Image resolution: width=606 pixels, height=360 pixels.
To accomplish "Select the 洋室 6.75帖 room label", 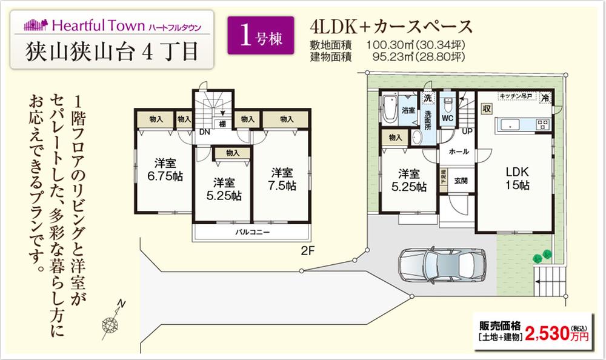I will coord(162,169).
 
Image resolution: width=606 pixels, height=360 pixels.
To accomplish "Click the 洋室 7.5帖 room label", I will coord(283,178).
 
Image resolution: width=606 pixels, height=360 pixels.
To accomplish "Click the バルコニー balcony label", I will coord(253,232).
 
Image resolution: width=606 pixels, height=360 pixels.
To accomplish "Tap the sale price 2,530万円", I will coord(556,332).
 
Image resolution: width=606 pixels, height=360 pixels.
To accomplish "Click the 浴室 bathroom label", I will coord(408,111).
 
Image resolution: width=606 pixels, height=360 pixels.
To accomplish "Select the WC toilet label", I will coord(448,118).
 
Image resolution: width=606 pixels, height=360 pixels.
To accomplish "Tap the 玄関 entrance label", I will coord(460,180).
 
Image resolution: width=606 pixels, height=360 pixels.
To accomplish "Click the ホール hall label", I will coord(458,153).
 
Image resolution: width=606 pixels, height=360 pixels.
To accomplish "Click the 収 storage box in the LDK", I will coord(486,109).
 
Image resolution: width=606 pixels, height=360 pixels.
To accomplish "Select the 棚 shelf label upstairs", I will coord(223,124).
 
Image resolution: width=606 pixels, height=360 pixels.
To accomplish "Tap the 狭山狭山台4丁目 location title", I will coord(112,51).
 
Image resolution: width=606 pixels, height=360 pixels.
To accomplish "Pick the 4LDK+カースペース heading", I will coord(390,27).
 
